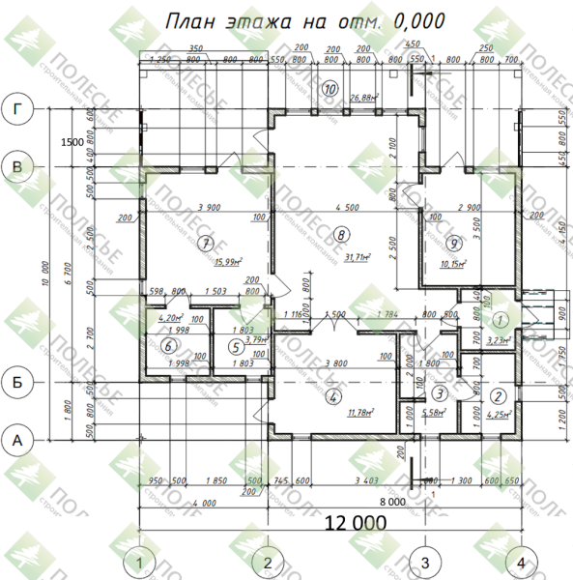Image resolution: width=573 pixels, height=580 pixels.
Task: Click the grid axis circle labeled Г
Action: click(16, 109)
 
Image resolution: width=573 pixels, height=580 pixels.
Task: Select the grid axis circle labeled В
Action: click(16, 167)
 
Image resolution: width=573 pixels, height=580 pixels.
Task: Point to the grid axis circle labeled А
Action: click(16, 440)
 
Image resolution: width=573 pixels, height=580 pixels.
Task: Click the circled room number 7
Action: click(204, 243)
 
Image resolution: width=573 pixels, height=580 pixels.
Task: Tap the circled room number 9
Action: click(455, 242)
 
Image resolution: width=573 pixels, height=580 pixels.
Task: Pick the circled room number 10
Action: click(331, 88)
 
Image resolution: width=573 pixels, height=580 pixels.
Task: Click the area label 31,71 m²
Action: click(358, 258)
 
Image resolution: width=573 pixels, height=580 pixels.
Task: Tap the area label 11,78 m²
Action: click(358, 412)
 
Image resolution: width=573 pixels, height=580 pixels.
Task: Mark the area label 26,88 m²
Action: click(361, 98)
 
